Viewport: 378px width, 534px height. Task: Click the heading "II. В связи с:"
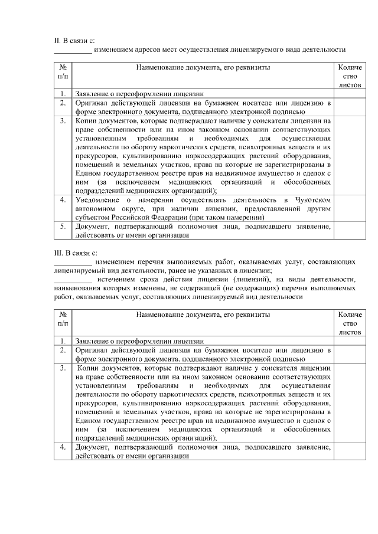75,40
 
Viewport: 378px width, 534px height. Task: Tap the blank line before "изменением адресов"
73,50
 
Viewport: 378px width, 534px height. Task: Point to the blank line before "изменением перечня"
73,261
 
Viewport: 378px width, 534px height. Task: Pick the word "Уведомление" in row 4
96,200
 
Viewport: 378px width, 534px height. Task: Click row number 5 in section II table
63,227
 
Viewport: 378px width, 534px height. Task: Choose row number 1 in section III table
63,341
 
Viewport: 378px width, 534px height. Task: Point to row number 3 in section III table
63,368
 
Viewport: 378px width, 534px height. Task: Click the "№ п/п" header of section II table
63,72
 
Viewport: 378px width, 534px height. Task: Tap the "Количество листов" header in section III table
350,323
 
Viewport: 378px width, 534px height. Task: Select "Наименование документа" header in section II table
203,67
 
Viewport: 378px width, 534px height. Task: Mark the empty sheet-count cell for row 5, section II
350,231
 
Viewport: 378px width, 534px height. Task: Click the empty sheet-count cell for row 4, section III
350,451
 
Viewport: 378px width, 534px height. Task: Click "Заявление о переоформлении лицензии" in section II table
139,94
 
